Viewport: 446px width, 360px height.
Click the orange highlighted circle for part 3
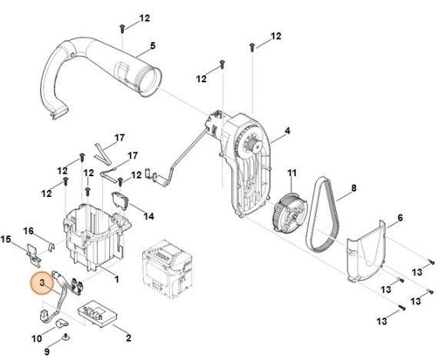(x=41, y=285)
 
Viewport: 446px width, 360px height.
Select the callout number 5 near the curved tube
(x=152, y=46)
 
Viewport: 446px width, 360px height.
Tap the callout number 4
(x=287, y=132)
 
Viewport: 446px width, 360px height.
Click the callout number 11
(x=291, y=172)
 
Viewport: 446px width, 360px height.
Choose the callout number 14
(x=148, y=217)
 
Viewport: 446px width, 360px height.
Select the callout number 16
(x=28, y=231)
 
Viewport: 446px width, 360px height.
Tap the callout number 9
(x=45, y=351)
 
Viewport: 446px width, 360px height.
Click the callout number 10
(x=37, y=338)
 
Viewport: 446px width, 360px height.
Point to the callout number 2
(x=128, y=338)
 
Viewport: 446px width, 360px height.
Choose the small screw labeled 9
(x=65, y=337)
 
